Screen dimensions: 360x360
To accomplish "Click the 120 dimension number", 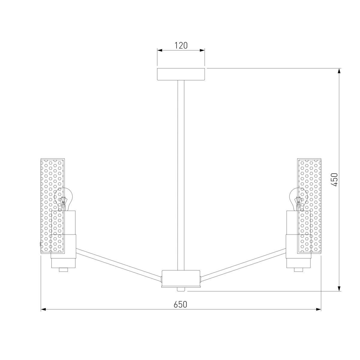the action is tap(181, 46).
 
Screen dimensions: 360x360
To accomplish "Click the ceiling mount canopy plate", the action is tap(181, 74).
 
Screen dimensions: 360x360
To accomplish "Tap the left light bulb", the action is tap(63, 199).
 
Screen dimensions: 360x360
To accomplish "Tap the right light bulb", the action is tap(298, 199).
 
